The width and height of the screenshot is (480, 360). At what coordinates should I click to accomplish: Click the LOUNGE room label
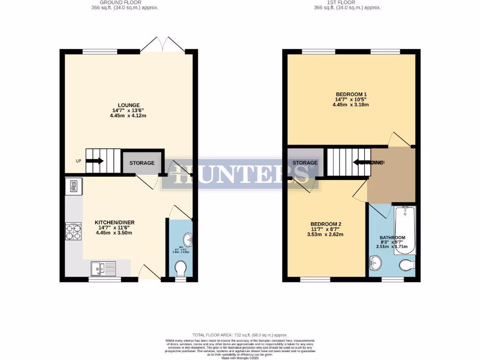(128, 105)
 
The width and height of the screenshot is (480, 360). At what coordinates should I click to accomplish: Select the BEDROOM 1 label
(351, 94)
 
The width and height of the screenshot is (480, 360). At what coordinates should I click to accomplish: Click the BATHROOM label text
(392, 238)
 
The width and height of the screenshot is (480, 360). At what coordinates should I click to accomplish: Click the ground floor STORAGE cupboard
(142, 163)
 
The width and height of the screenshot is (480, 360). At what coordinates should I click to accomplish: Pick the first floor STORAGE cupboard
(305, 163)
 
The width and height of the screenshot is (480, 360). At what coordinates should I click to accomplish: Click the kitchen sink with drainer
(104, 268)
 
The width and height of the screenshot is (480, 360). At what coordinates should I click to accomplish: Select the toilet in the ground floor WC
(180, 270)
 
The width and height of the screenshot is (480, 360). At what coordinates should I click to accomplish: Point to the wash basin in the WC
(188, 240)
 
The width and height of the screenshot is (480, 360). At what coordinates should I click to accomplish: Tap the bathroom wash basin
(375, 263)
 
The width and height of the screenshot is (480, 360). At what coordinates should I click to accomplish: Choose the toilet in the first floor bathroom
(407, 266)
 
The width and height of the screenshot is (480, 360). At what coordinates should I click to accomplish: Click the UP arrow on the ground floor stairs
(95, 161)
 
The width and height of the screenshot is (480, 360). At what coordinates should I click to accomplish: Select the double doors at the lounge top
(163, 45)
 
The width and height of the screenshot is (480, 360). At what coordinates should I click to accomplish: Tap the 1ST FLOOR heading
(347, 2)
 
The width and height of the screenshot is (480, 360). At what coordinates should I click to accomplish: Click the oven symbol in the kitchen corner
(74, 187)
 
